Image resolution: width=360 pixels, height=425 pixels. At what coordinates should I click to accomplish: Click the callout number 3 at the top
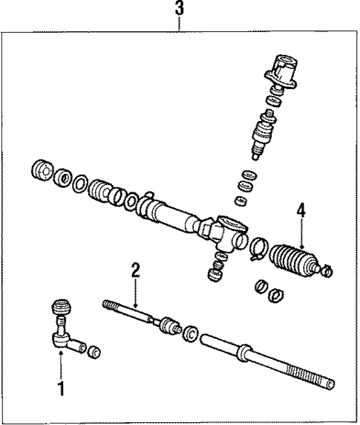179,11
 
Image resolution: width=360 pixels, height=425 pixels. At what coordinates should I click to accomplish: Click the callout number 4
300,212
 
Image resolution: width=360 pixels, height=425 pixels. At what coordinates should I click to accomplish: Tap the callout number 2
135,270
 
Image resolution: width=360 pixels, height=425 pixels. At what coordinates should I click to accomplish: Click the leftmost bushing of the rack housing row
42,173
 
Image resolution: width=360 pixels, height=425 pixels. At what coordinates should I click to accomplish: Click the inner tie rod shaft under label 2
131,313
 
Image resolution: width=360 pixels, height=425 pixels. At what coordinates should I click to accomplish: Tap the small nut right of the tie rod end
94,351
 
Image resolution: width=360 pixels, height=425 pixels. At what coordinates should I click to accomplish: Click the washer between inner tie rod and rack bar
191,334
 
